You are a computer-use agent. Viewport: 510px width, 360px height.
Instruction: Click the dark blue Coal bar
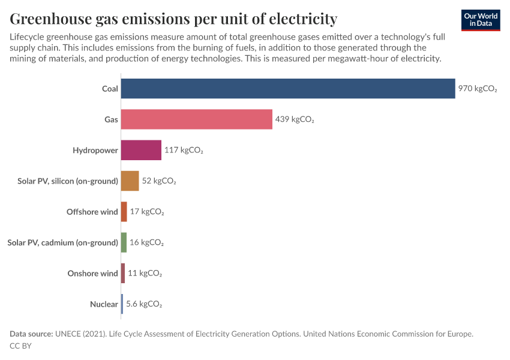[x=288, y=89]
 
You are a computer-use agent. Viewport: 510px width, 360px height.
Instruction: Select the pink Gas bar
[x=196, y=119]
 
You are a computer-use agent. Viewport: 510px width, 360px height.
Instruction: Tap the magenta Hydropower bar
[x=141, y=150]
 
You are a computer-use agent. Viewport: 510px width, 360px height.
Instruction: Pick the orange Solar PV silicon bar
[x=130, y=181]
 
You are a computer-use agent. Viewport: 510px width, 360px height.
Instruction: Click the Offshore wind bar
[x=124, y=212]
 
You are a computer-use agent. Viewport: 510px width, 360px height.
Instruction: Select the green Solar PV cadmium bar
[x=124, y=242]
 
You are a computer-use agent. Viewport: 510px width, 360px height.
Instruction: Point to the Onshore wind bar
[x=123, y=273]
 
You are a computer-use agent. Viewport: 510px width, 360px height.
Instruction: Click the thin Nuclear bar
[x=122, y=304]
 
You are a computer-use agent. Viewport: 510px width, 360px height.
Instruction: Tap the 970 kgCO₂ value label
[x=478, y=89]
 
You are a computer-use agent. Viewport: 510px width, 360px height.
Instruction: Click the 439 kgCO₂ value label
[x=295, y=119]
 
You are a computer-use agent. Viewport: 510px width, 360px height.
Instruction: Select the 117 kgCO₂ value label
[x=184, y=150]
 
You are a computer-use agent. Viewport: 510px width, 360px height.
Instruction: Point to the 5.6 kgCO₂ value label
[x=144, y=304]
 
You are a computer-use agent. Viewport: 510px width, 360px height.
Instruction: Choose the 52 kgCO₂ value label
[x=159, y=181]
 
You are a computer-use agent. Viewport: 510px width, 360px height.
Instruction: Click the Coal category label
[x=110, y=89]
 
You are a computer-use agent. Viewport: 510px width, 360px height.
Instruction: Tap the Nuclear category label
[x=104, y=304]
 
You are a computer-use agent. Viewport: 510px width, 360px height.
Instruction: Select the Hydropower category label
[x=95, y=150]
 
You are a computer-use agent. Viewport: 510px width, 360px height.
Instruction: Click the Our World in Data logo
[x=481, y=20]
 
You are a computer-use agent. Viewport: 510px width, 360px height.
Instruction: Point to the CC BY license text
[x=20, y=346]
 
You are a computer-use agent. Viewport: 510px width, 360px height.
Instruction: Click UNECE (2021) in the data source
[x=82, y=334]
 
